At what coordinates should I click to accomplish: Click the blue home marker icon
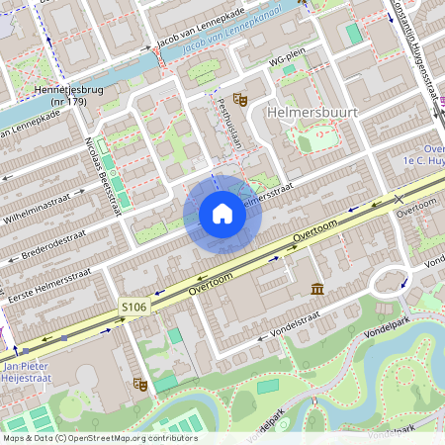[222, 213]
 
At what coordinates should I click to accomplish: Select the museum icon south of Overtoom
[316, 288]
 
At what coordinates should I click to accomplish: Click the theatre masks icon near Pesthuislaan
[238, 98]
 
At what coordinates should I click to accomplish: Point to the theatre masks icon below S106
[139, 384]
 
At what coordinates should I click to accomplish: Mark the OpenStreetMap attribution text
[100, 438]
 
